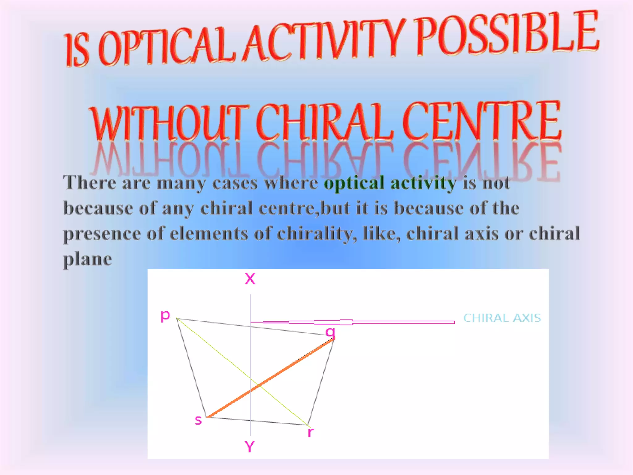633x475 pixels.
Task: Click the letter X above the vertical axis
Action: click(250, 279)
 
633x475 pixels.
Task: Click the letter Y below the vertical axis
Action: click(250, 447)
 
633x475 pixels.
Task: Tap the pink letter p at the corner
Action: click(165, 316)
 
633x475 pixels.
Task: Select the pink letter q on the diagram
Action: click(330, 332)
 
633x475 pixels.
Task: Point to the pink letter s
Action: click(198, 420)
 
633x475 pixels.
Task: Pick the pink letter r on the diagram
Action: click(311, 432)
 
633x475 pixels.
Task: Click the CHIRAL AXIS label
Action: click(502, 318)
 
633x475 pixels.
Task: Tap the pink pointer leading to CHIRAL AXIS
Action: click(352, 322)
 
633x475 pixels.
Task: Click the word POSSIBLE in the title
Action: click(507, 36)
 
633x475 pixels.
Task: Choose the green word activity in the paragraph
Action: click(423, 183)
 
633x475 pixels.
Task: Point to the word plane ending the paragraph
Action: click(87, 259)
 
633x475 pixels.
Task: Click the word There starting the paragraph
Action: click(90, 182)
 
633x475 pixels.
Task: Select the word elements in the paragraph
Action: click(209, 233)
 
